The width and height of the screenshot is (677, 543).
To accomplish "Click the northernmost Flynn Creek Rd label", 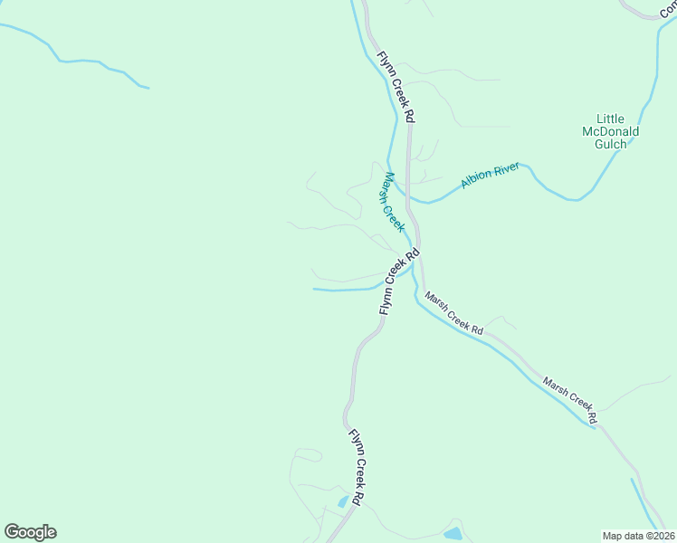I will click(396, 87).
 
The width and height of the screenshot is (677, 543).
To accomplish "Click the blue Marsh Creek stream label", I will click(391, 202).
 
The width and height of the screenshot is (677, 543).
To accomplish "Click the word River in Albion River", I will click(509, 168).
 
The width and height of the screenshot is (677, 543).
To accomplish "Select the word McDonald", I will click(610, 131).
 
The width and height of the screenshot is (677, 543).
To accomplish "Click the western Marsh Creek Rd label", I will click(453, 314).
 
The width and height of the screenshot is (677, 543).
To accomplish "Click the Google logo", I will click(30, 532).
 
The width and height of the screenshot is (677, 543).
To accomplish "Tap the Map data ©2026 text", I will click(638, 535).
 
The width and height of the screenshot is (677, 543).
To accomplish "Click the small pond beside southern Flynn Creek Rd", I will click(343, 500).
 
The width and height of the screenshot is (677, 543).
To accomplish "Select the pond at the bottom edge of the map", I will click(453, 534).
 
